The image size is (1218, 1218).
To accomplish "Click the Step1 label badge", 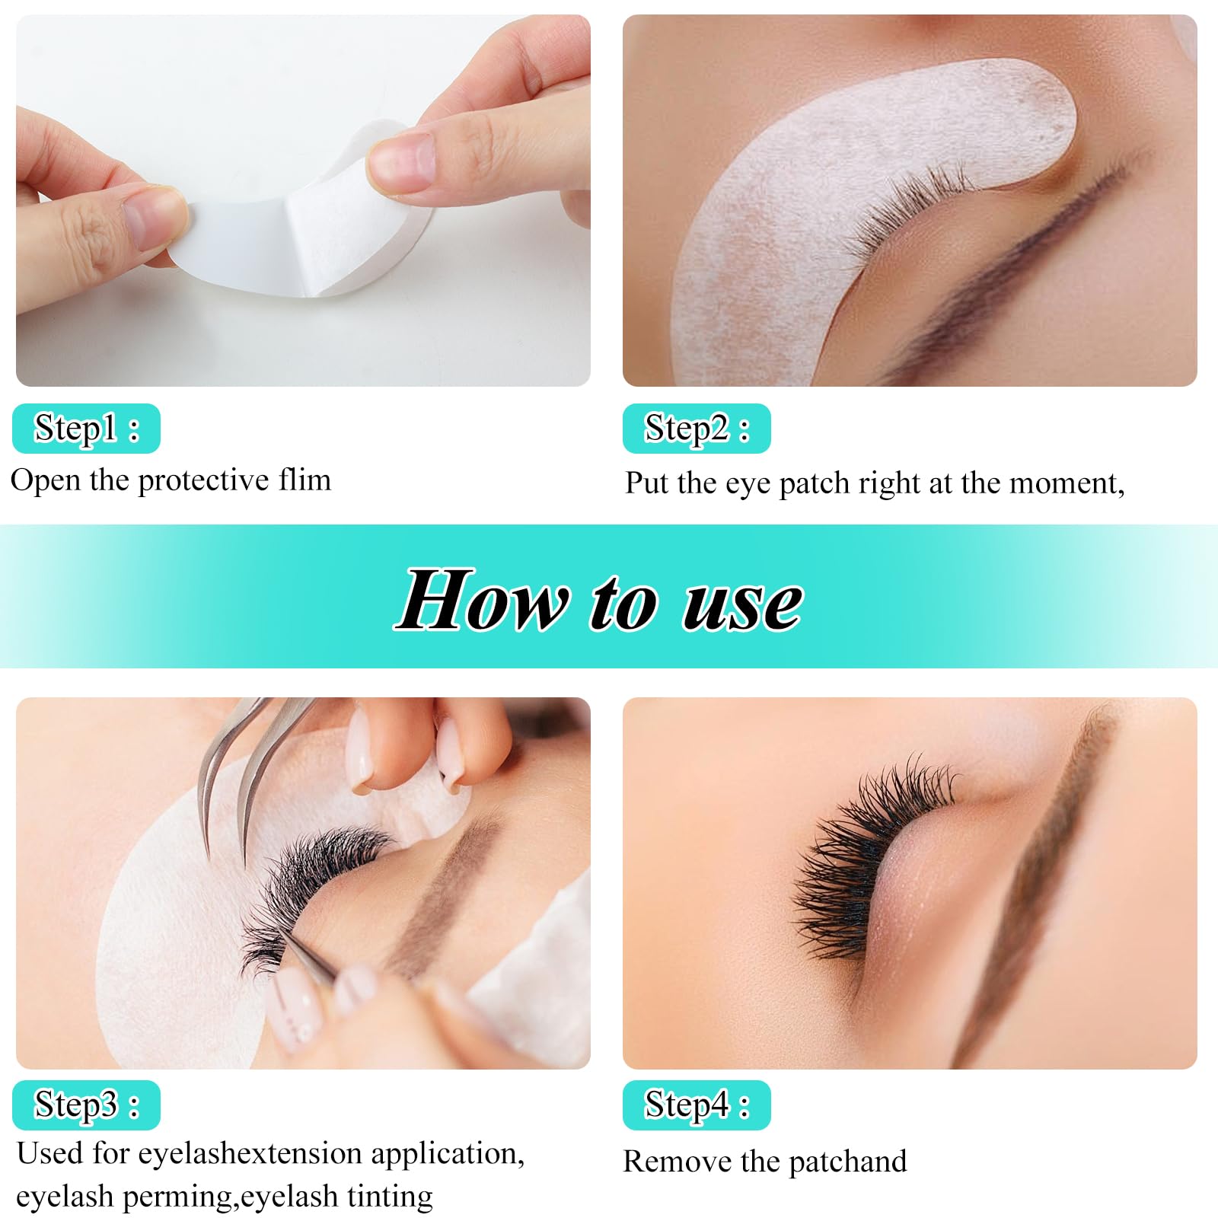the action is coord(86,429).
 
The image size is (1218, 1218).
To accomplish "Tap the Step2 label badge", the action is coord(697,429).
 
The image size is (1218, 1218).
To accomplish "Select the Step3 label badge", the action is coord(86,1105).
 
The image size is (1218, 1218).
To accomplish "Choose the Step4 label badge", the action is coord(697,1105).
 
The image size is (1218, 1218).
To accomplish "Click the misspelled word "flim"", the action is coord(304,480).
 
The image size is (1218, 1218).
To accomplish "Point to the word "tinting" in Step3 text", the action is coord(390,1197).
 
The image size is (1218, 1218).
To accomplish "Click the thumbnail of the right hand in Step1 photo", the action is coord(401,164).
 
